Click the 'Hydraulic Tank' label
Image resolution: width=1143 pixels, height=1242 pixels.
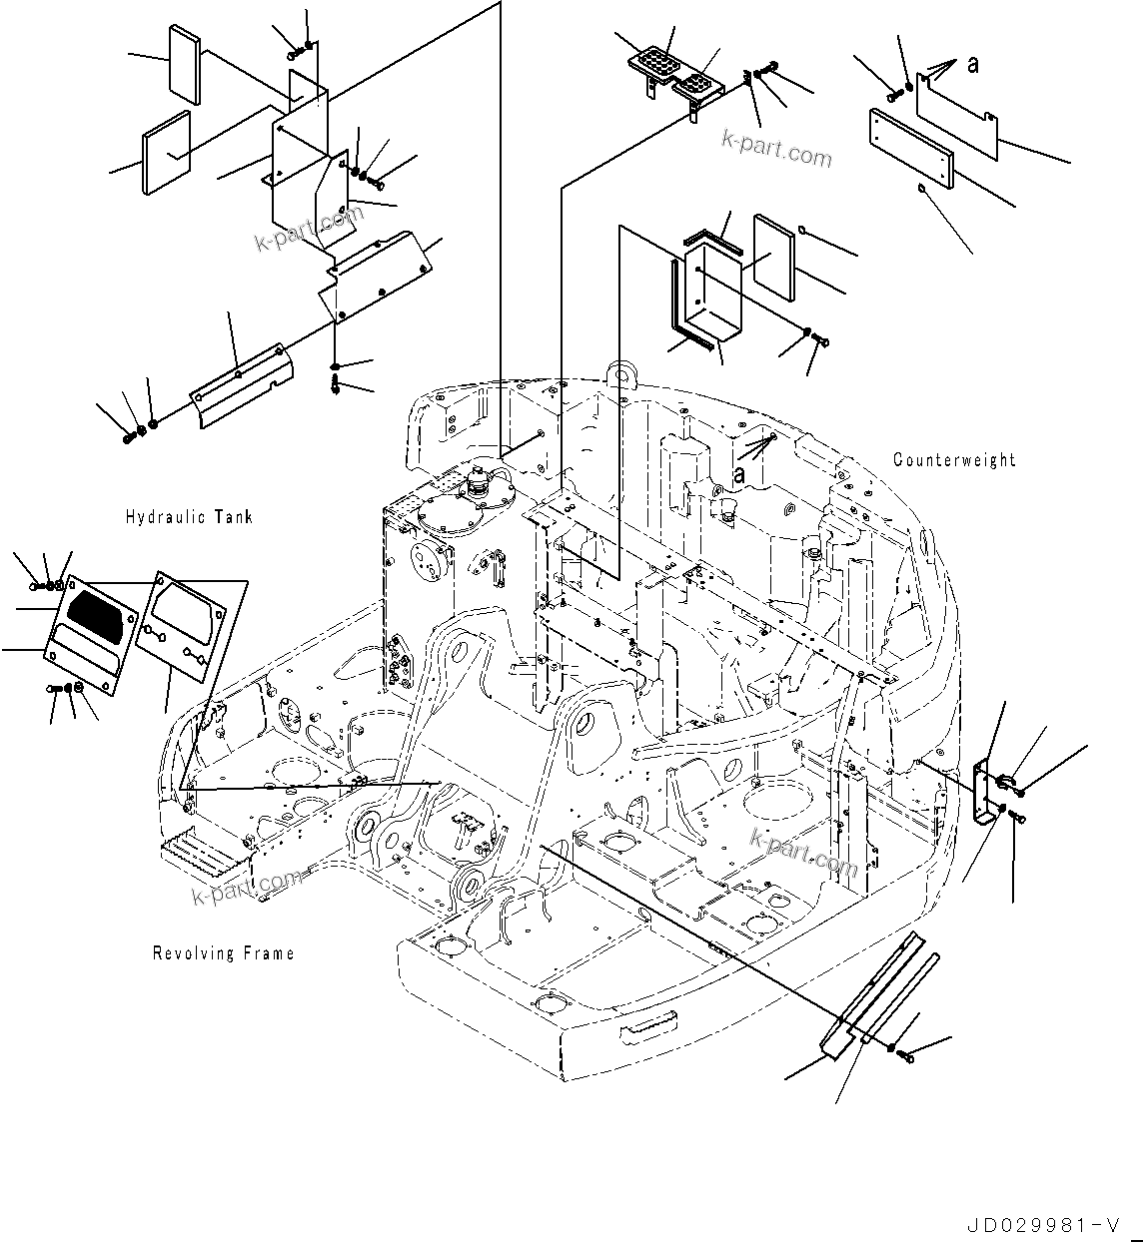pos(189,517)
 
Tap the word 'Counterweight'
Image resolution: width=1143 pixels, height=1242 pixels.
pos(954,460)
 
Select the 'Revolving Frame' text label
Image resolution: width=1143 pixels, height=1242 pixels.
pos(223,953)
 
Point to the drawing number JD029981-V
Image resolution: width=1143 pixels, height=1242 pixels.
pos(1040,1225)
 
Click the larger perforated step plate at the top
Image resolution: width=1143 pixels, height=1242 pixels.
pos(654,64)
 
